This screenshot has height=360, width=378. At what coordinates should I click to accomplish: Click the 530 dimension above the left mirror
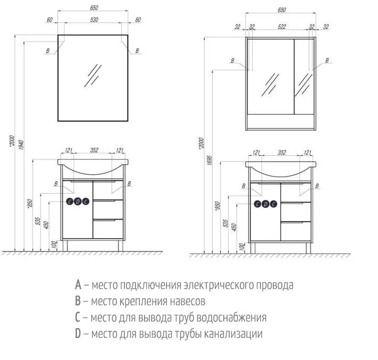coord(93,20)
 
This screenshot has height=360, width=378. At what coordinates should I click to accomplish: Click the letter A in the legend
coord(78,285)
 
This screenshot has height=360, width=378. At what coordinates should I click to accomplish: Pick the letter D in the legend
coord(78,334)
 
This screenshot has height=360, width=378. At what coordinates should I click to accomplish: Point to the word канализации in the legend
coord(235,334)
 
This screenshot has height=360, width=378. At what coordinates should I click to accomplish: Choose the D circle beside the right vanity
coord(265,204)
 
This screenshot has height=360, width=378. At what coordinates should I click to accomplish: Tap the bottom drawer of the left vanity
coord(108,229)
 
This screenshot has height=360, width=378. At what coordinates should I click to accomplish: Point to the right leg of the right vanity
coord(307,248)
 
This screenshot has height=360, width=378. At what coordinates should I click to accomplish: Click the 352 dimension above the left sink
coord(94,150)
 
